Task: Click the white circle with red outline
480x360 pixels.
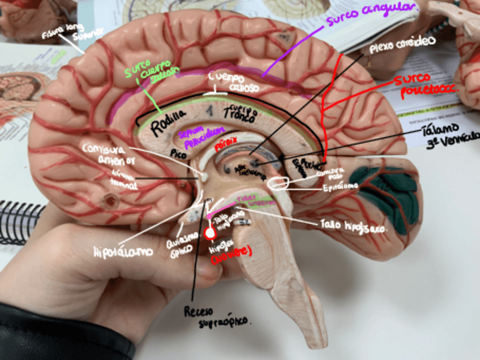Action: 211,233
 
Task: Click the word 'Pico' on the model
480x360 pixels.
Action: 178,153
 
